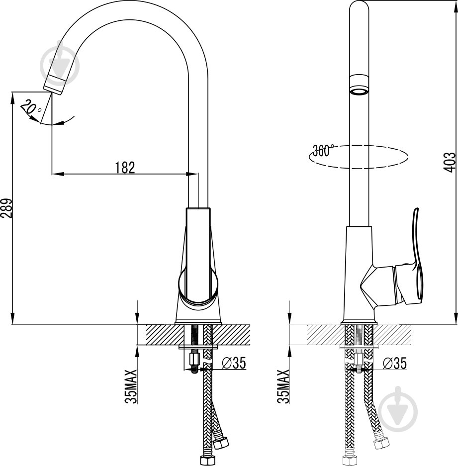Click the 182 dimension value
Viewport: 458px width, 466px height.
[125, 168]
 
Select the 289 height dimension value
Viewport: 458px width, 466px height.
[7, 208]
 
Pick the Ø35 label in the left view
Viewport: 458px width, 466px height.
[234, 363]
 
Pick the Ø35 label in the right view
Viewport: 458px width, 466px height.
[395, 363]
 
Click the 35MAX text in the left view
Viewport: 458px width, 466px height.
[131, 386]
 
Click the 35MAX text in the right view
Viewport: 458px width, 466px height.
[283, 386]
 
